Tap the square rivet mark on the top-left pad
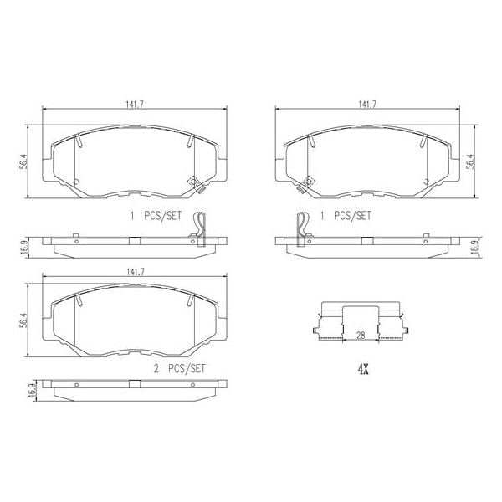pos(193,181)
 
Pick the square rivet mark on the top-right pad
pos(308,181)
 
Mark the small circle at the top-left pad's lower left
pos(75,182)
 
